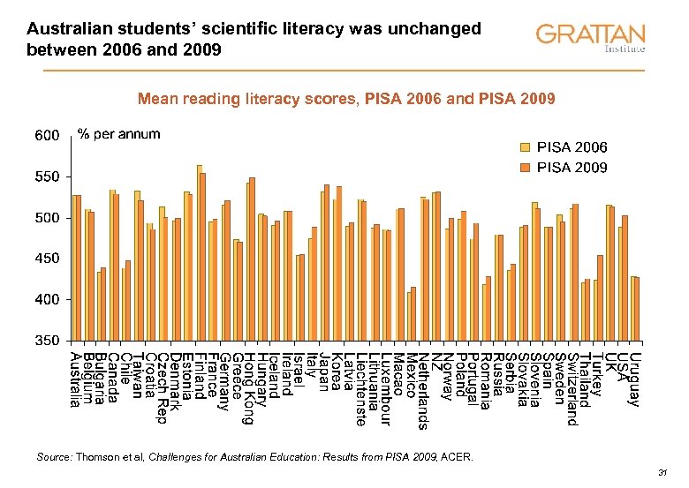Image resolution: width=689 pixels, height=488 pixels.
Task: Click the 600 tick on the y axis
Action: (x=47, y=136)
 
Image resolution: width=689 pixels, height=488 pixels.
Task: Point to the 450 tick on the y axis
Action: (x=47, y=259)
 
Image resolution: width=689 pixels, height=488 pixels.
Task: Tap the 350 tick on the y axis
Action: (x=47, y=341)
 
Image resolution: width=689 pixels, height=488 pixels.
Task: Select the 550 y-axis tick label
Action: (x=47, y=177)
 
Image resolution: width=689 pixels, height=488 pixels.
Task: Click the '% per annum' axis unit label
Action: (x=119, y=134)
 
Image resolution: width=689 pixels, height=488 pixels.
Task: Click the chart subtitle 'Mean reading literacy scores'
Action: (x=245, y=100)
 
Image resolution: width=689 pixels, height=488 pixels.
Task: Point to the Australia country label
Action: (x=76, y=380)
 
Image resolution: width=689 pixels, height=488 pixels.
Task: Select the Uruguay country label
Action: (x=635, y=379)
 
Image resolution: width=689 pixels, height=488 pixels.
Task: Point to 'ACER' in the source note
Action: (x=458, y=457)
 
